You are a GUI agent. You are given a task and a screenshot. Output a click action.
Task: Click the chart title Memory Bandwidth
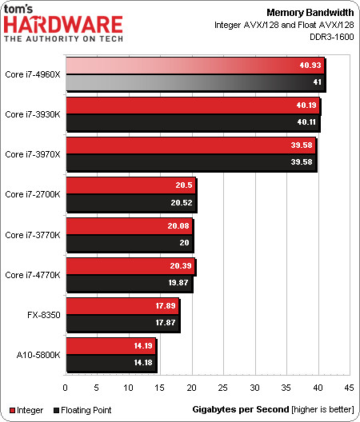(310, 12)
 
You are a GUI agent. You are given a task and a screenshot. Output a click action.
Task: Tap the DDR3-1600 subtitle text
(332, 36)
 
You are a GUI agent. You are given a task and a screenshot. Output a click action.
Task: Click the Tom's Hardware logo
(63, 23)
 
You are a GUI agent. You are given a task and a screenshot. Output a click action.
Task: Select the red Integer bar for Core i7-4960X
(195, 66)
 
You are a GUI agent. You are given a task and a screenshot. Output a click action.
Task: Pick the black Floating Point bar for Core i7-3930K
(193, 122)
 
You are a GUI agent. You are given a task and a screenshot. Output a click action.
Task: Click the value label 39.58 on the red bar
(302, 145)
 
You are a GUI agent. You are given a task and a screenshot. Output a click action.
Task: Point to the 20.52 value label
(182, 202)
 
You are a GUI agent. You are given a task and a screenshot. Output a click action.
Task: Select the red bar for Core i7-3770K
(130, 226)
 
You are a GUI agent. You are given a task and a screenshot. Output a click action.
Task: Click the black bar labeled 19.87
(130, 283)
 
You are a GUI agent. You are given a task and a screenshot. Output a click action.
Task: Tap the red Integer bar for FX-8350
(122, 306)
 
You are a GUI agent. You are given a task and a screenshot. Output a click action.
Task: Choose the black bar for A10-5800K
(111, 363)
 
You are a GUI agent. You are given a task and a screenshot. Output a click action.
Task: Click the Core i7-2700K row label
(33, 194)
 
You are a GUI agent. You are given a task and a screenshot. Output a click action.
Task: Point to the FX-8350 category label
(44, 315)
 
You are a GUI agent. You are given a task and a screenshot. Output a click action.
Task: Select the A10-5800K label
(38, 355)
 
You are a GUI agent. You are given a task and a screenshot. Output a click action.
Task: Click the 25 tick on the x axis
(223, 388)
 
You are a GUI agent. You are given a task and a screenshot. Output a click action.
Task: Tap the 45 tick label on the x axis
(349, 388)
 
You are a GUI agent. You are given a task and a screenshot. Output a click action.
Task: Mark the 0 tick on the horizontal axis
(66, 388)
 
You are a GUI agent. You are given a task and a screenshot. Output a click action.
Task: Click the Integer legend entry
(26, 410)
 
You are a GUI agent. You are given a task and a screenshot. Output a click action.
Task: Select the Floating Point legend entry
(82, 410)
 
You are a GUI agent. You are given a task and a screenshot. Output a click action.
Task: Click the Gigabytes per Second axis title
(241, 409)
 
